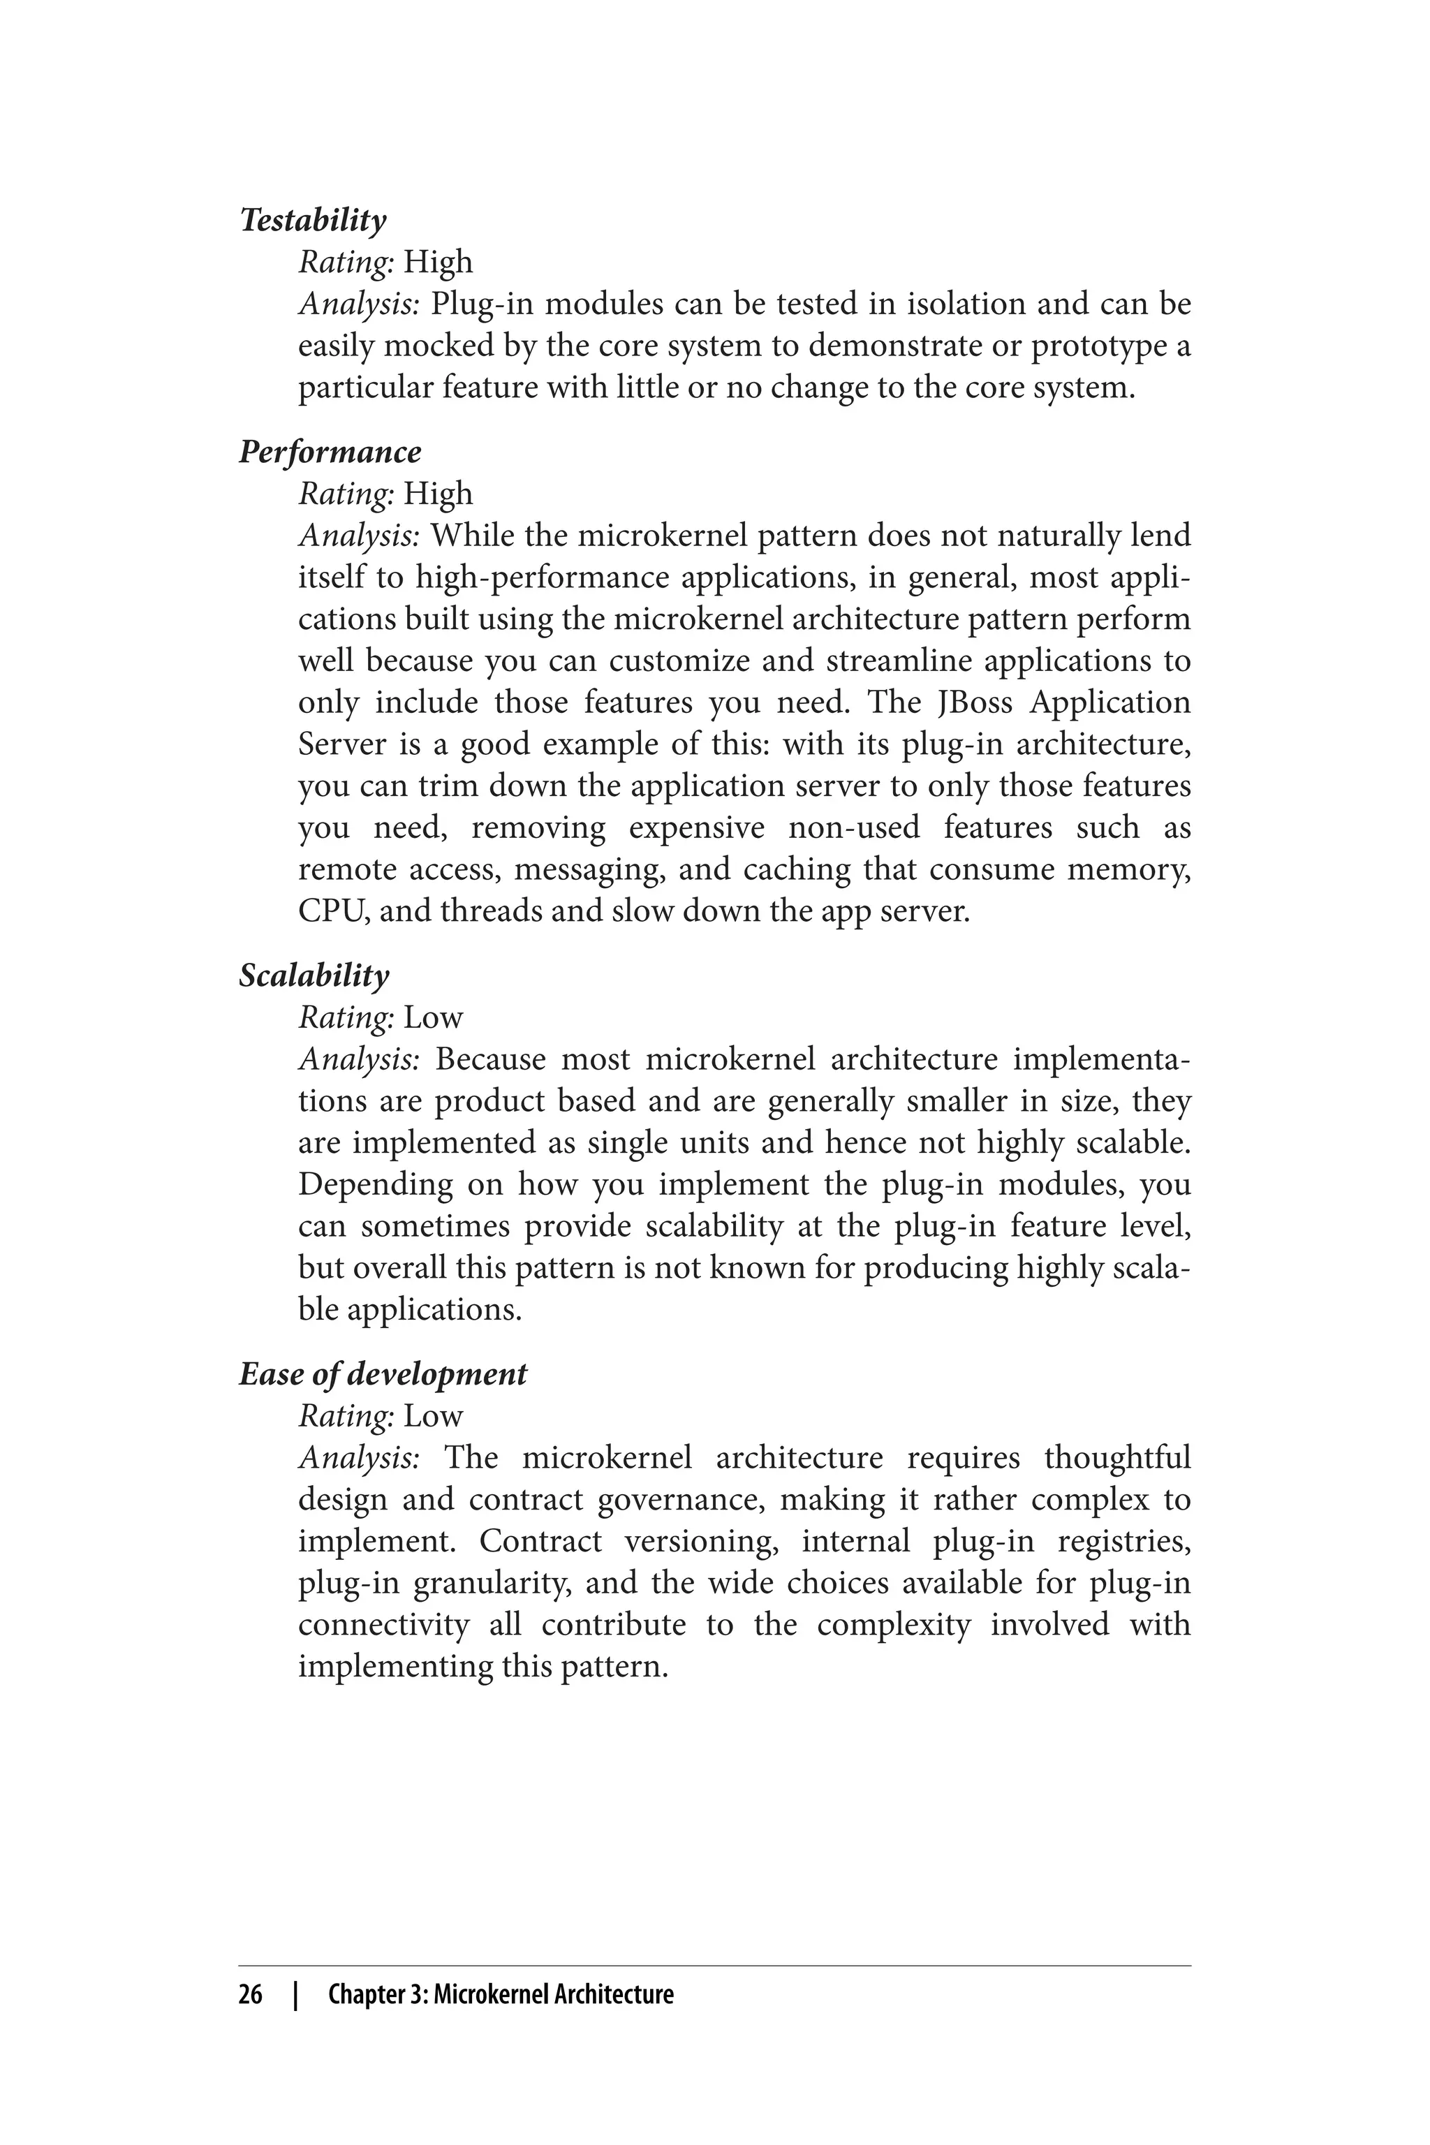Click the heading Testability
tap(313, 221)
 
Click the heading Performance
tap(330, 452)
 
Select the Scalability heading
tap(314, 976)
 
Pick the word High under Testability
tap(438, 263)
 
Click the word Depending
tap(376, 1186)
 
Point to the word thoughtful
tap(1117, 1458)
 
